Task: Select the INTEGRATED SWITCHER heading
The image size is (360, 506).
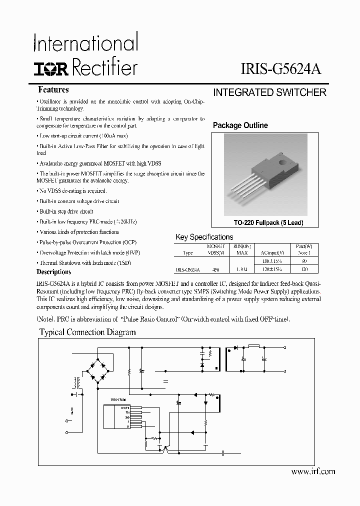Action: click(269, 92)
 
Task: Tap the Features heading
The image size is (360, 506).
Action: click(53, 90)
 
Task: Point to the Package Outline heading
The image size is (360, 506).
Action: click(240, 125)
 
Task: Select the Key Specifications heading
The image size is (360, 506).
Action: click(204, 237)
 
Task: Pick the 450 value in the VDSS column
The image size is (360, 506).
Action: click(215, 269)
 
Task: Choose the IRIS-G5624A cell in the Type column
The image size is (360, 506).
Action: click(187, 269)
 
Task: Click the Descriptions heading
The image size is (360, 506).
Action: click(53, 272)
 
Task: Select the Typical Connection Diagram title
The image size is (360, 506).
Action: click(87, 332)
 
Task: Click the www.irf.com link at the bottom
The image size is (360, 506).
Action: click(312, 471)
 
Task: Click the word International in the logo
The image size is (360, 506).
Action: click(85, 43)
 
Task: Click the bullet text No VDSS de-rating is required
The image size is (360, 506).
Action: click(72, 191)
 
